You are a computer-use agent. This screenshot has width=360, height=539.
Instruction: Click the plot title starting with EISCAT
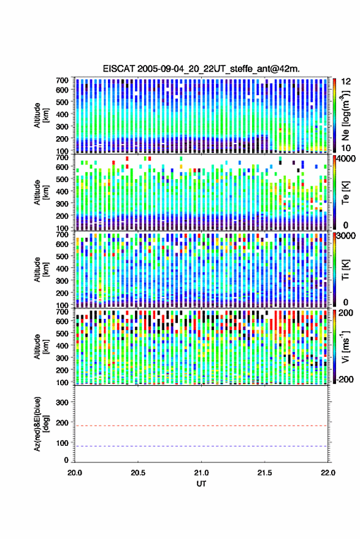201,69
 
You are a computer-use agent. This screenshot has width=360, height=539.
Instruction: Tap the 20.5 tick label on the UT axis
137,473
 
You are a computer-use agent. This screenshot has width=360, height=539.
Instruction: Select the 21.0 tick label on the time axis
201,473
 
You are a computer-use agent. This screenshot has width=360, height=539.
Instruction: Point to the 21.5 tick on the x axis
264,473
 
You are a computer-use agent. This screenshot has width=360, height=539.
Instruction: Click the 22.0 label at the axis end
327,473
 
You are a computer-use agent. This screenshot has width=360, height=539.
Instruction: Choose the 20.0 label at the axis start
75,473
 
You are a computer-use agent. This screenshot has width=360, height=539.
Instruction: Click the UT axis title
201,484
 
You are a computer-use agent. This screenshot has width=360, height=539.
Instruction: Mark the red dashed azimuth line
201,426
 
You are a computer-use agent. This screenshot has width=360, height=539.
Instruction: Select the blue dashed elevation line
201,446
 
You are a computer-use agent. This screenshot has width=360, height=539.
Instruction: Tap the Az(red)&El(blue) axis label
40,424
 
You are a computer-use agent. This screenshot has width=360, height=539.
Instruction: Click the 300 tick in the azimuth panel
62,402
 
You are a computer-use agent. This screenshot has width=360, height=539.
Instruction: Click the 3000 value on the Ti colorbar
347,236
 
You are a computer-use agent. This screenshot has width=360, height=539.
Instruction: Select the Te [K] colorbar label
345,193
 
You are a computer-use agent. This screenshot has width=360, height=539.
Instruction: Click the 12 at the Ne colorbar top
347,82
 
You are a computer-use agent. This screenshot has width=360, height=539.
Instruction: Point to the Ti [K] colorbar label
345,270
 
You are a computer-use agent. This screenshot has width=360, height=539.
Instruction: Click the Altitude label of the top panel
40,115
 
